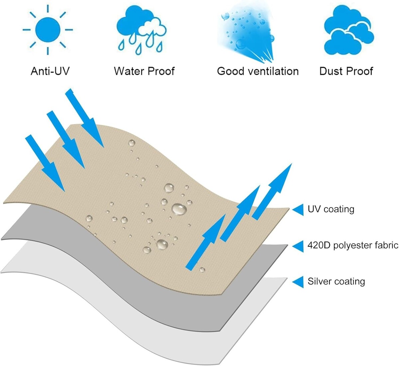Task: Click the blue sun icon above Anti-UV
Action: point(48,30)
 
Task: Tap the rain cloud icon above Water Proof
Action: point(141,32)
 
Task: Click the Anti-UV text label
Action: point(50,71)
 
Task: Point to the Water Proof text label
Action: point(144,71)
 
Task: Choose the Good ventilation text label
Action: point(258,71)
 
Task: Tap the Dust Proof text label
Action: point(346,71)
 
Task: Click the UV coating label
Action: point(331,209)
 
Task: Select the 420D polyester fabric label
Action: point(353,245)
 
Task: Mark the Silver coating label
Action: point(336,281)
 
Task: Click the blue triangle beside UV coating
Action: point(298,209)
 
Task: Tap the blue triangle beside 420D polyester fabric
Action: point(298,246)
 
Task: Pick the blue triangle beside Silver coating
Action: point(298,282)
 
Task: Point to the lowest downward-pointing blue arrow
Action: point(45,163)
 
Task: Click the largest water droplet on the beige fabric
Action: point(179,209)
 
